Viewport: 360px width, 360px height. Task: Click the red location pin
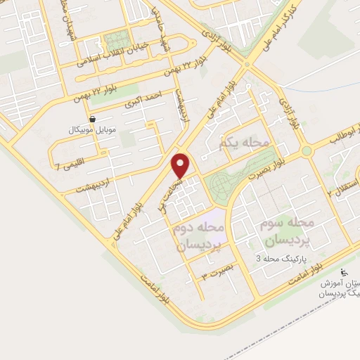(x=181, y=166)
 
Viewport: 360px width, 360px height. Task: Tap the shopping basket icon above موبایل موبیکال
(x=93, y=120)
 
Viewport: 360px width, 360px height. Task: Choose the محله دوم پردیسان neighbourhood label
(x=198, y=238)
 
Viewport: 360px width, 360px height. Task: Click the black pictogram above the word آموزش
(x=344, y=272)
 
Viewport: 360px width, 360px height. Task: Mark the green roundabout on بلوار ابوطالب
(x=307, y=151)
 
